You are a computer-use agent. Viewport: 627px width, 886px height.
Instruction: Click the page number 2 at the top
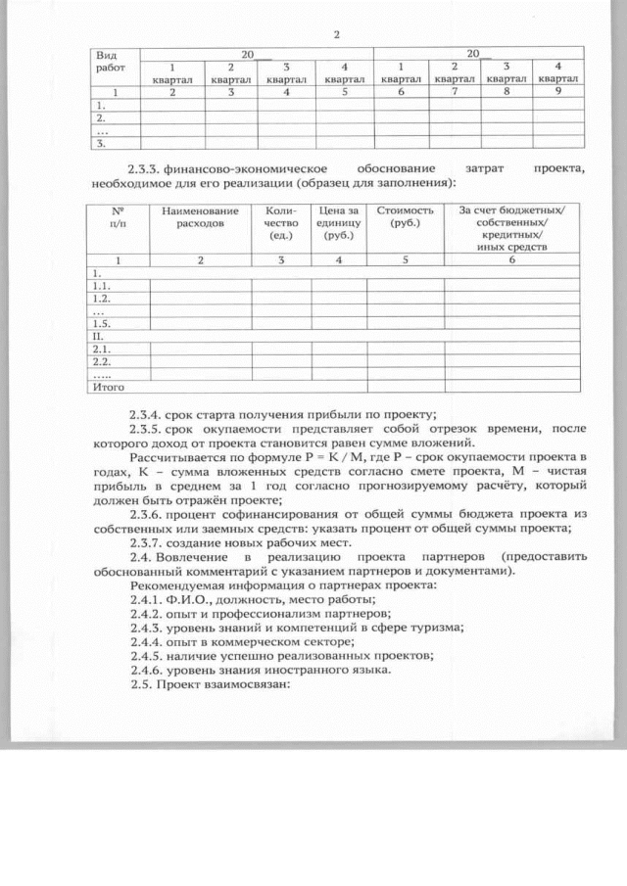click(x=336, y=35)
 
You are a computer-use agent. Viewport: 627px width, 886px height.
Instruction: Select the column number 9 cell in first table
click(x=555, y=91)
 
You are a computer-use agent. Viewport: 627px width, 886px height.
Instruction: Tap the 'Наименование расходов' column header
click(x=200, y=217)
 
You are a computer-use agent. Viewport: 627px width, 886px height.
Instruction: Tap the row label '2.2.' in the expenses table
click(x=99, y=361)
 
